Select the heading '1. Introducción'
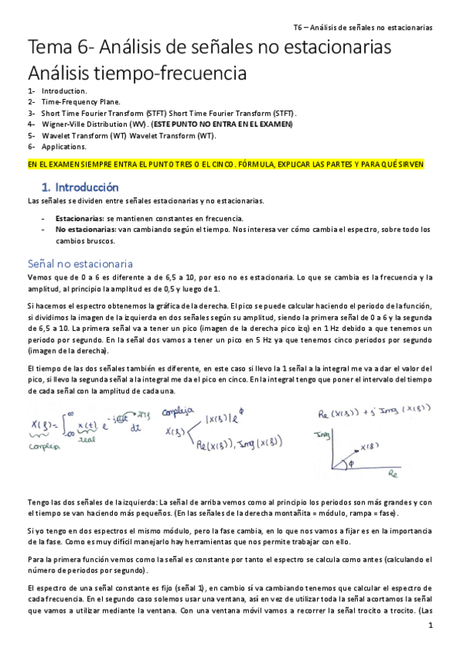[x=79, y=187]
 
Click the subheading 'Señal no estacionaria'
[x=80, y=263]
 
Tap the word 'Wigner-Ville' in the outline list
[x=64, y=123]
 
